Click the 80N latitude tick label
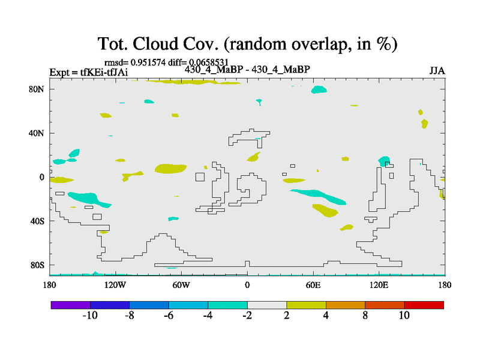coord(37,89)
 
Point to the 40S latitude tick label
coord(37,221)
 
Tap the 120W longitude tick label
coord(115,286)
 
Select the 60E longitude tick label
coord(313,286)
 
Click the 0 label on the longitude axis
coord(247,286)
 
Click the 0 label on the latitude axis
coord(41,178)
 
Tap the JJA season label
coord(437,71)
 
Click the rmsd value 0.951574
coord(148,62)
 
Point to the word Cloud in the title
coord(155,43)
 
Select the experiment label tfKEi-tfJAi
coord(104,72)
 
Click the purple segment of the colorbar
coord(71,305)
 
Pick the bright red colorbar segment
coord(424,305)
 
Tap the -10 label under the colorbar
coord(90,316)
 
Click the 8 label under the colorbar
coord(365,316)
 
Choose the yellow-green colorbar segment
coord(306,305)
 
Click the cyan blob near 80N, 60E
coord(319,89)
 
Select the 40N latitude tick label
coord(37,133)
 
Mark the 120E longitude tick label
coord(379,286)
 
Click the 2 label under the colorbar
coord(287,316)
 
